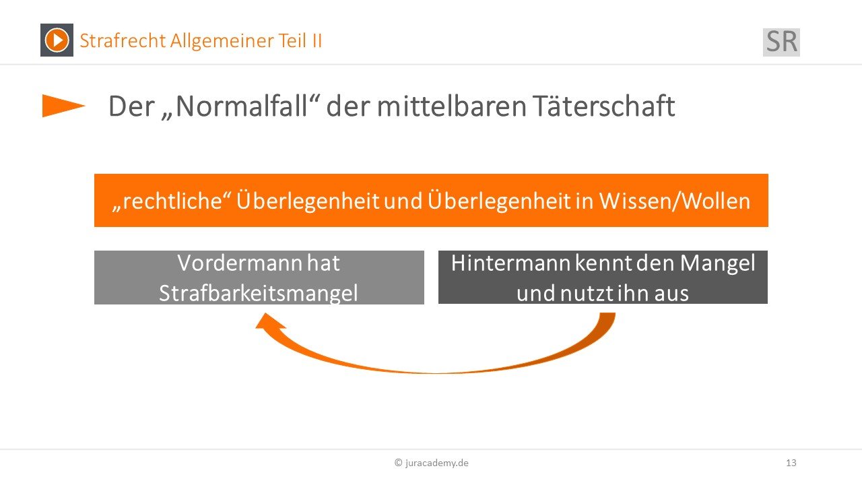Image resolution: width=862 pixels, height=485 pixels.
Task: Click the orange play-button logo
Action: (57, 40)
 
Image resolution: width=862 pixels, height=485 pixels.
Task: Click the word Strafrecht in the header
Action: (123, 41)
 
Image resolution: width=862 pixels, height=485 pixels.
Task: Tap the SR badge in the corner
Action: (781, 42)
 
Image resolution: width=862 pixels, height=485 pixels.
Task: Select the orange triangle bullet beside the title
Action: (63, 106)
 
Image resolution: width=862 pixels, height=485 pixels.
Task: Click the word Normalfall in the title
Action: (241, 106)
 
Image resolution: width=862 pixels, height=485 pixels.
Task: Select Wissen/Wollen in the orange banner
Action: (675, 201)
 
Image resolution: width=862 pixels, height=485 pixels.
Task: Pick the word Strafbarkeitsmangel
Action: (258, 293)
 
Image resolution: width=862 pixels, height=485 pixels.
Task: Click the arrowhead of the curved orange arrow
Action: (270, 322)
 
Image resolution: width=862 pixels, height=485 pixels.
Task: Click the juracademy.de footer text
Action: (437, 463)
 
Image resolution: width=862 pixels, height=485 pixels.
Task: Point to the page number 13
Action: (791, 463)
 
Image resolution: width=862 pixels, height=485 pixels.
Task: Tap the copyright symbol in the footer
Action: (398, 463)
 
